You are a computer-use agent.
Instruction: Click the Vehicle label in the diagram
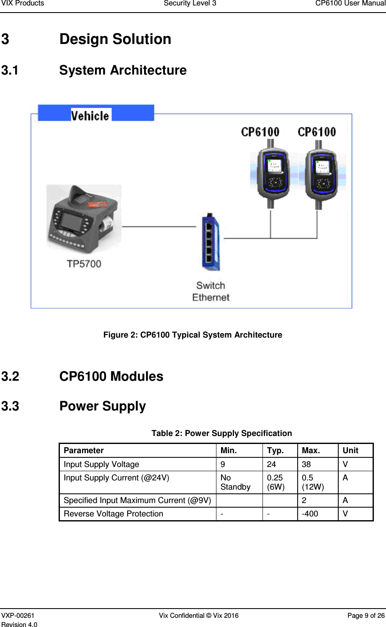pos(90,115)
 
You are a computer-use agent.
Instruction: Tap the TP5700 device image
pos(82,220)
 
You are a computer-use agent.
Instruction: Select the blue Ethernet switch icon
pos(211,242)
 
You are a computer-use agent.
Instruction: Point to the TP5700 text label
pos(84,264)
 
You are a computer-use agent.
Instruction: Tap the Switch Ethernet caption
pos(211,292)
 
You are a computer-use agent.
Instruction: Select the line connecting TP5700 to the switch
pos(159,227)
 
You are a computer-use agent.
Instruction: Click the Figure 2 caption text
pos(193,335)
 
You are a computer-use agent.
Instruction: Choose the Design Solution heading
pos(115,39)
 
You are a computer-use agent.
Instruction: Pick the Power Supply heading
pos(103,406)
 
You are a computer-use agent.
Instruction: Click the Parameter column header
pos(84,451)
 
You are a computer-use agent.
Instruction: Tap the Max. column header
pos(311,451)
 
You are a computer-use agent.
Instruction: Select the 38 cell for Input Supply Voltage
pos(306,464)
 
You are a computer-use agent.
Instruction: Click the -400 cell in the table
pos(310,514)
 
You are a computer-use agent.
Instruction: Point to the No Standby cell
pos(235,482)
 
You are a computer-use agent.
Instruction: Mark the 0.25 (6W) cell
pos(275,482)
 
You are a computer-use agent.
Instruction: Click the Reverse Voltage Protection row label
pos(113,514)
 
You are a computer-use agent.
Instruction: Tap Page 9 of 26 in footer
pos(365,615)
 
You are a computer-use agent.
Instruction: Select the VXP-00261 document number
pos(18,615)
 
